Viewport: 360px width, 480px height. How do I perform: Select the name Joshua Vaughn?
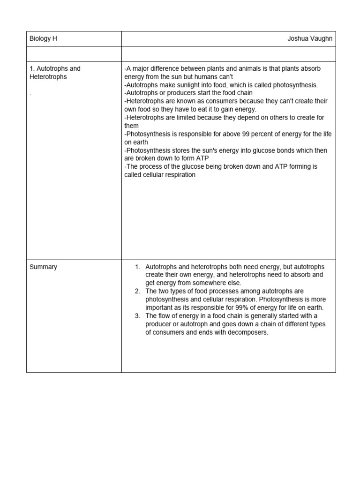(x=310, y=39)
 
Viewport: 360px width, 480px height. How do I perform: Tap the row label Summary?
(x=43, y=267)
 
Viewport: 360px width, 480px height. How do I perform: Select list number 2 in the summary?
(x=137, y=291)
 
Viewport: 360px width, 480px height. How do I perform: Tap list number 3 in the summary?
(x=137, y=316)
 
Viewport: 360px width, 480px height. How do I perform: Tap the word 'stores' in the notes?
(x=179, y=150)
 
